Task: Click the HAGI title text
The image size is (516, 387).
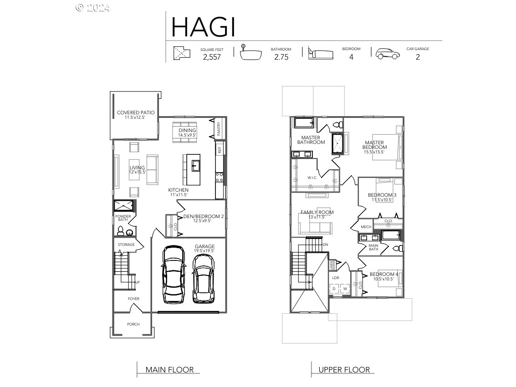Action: tap(203, 27)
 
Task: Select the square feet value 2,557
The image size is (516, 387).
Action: tap(212, 57)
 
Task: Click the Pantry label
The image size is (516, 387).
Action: tap(219, 128)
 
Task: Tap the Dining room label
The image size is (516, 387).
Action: tap(187, 132)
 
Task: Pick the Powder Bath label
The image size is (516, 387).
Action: tap(123, 218)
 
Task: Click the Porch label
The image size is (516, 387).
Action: tap(133, 324)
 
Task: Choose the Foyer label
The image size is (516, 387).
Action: tap(133, 299)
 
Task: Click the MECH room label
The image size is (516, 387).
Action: tap(366, 227)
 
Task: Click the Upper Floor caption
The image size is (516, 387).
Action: tap(344, 370)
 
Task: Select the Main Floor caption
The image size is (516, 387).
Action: tap(169, 370)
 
